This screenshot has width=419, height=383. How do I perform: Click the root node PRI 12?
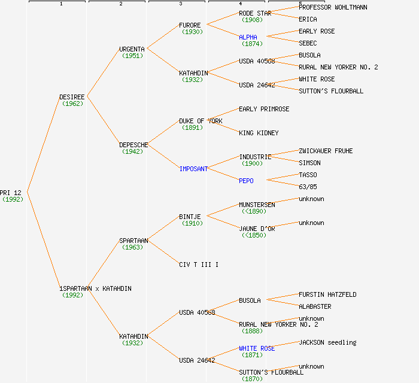pyautogui.click(x=11, y=193)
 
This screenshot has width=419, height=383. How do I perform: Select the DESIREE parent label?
pyautogui.click(x=72, y=97)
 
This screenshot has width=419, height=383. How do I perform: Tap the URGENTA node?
pyautogui.click(x=132, y=49)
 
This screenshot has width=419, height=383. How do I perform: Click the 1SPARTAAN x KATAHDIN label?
pyautogui.click(x=95, y=288)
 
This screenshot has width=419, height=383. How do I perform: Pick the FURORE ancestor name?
pyautogui.click(x=190, y=25)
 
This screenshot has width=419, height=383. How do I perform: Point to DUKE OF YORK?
pyautogui.click(x=201, y=121)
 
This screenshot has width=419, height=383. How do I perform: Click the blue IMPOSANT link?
pyautogui.click(x=193, y=169)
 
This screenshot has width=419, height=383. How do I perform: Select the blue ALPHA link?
pyautogui.click(x=248, y=37)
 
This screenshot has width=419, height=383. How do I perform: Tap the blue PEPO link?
pyautogui.click(x=246, y=181)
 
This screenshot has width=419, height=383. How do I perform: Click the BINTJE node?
pyautogui.click(x=190, y=217)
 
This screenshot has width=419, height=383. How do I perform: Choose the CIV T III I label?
pyautogui.click(x=199, y=265)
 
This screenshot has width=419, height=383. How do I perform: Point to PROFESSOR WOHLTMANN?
pyautogui.click(x=333, y=7)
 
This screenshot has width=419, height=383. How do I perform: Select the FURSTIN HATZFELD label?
pyautogui.click(x=327, y=294)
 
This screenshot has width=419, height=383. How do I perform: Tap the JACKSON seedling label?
pyautogui.click(x=327, y=342)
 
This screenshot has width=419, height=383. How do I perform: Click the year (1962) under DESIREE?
pyautogui.click(x=72, y=104)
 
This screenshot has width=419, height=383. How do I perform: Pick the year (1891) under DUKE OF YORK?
pyautogui.click(x=192, y=127)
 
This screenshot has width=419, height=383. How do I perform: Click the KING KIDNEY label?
pyautogui.click(x=259, y=133)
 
